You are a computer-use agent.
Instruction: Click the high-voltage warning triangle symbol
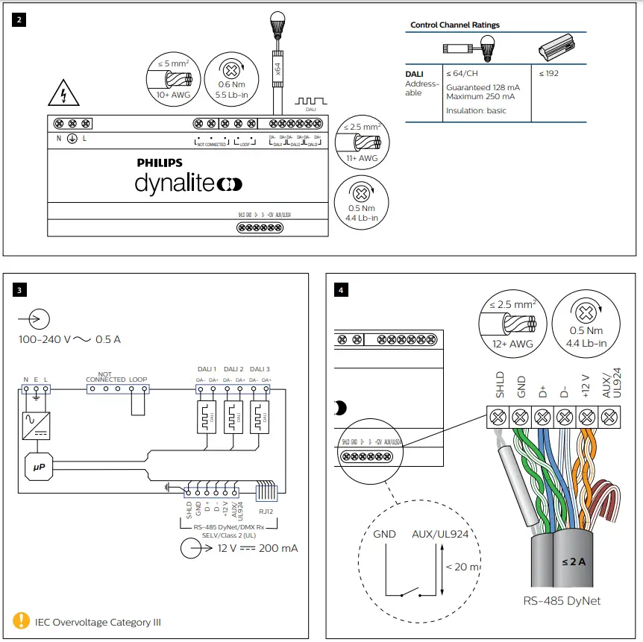point(63,95)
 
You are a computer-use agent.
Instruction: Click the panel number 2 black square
point(19,20)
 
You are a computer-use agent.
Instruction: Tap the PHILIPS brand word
point(160,163)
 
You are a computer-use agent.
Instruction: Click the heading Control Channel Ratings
point(455,25)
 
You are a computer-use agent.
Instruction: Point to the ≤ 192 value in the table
point(548,74)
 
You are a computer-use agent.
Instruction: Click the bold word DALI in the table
point(414,74)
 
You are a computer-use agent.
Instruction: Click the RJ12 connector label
point(267,512)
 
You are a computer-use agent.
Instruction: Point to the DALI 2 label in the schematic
point(233,370)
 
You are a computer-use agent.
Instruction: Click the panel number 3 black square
point(19,289)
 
